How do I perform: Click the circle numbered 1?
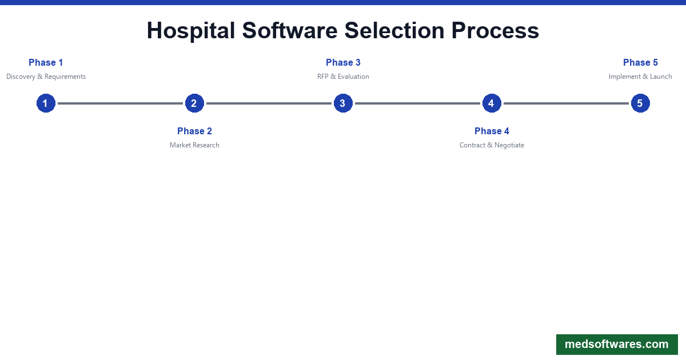click(46, 103)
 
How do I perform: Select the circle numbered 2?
click(194, 103)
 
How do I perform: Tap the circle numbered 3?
click(343, 103)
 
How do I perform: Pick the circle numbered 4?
click(492, 103)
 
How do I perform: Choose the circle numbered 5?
click(640, 103)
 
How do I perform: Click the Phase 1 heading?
click(46, 63)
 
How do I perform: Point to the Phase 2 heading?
click(194, 131)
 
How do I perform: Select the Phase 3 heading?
click(343, 63)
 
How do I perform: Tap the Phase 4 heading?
click(492, 131)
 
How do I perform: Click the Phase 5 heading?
click(640, 63)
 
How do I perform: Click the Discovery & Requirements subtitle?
click(46, 77)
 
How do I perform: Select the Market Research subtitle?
click(194, 145)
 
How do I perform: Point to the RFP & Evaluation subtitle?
click(343, 77)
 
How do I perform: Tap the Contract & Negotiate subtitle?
click(492, 145)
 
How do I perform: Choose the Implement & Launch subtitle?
click(640, 77)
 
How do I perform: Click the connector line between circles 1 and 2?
click(120, 103)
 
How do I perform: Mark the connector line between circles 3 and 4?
click(417, 103)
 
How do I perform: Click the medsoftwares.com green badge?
click(617, 345)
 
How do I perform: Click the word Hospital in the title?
click(191, 31)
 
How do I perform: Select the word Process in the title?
click(495, 31)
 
